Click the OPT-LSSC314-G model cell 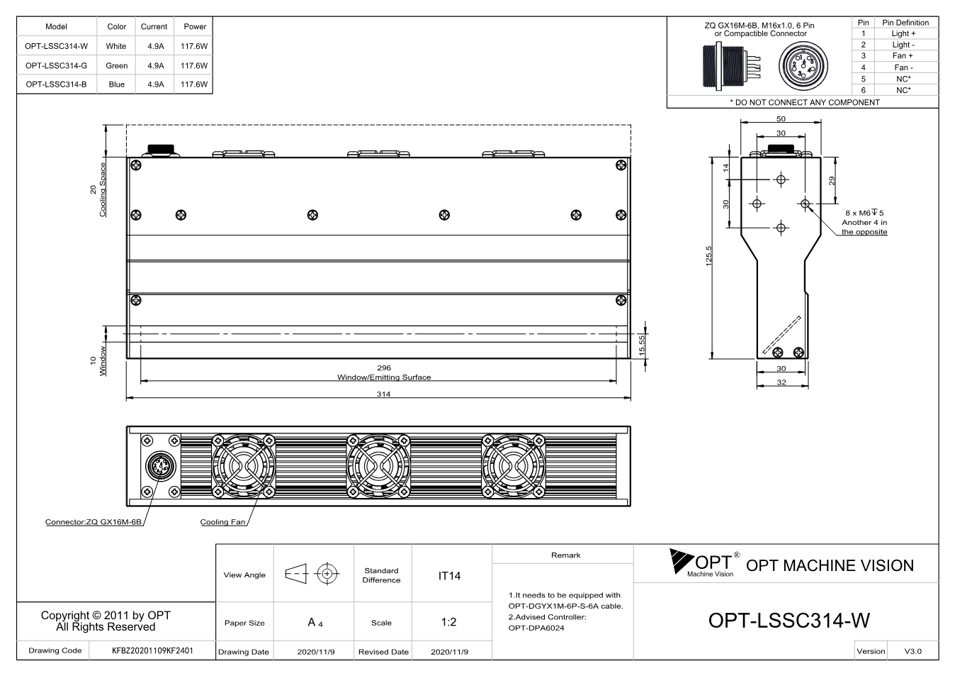pos(56,66)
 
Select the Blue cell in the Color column pos(116,84)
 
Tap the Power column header pos(195,26)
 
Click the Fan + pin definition pos(903,56)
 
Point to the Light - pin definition pos(903,45)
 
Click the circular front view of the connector pos(803,66)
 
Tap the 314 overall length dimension pos(383,394)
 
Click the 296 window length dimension pos(384,367)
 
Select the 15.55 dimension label pos(642,345)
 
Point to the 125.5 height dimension pos(708,256)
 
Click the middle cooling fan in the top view pos(378,466)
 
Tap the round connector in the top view pos(161,466)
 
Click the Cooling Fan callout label pos(222,522)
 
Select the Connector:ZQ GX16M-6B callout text pos(94,522)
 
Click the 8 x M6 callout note pos(864,222)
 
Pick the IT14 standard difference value pos(449,576)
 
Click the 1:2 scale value pos(448,622)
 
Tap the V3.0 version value pos(912,651)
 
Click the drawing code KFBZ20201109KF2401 pos(152,650)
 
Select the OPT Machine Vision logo pos(705,563)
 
